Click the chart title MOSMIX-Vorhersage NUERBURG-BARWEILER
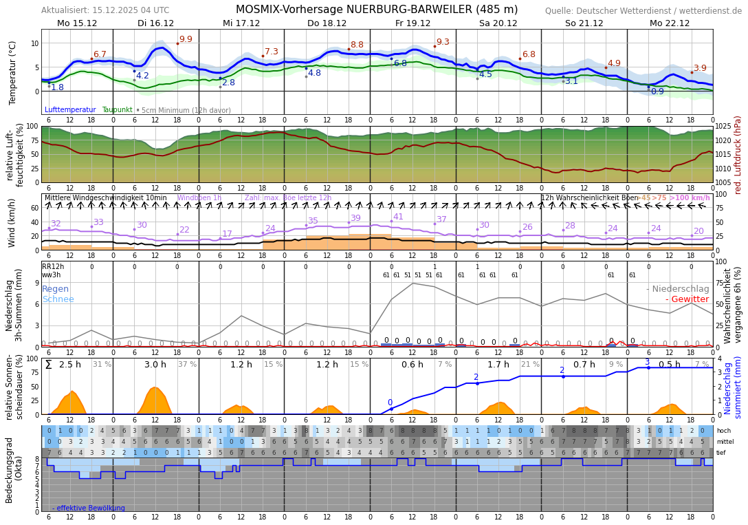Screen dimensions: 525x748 click(x=377, y=10)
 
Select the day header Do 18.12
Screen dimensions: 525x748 click(x=327, y=23)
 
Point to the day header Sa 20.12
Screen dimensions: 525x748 click(x=498, y=23)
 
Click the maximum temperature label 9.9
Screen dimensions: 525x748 click(x=186, y=39)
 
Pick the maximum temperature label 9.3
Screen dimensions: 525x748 click(x=443, y=42)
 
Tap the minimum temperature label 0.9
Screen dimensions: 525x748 click(x=657, y=92)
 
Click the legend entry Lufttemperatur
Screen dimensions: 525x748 click(x=70, y=110)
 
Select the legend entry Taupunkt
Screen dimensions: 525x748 click(x=117, y=110)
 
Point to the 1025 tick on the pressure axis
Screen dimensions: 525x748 click(x=724, y=127)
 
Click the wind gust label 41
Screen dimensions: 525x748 click(x=398, y=217)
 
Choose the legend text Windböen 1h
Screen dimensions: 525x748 click(x=199, y=198)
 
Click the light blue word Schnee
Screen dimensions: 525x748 click(x=58, y=299)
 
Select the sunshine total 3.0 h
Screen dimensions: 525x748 click(x=155, y=365)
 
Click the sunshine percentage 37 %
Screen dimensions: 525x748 click(x=187, y=365)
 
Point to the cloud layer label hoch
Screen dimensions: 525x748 click(x=723, y=431)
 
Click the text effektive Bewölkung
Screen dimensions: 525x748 click(x=89, y=508)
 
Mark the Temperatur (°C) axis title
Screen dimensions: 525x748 click(x=13, y=72)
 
